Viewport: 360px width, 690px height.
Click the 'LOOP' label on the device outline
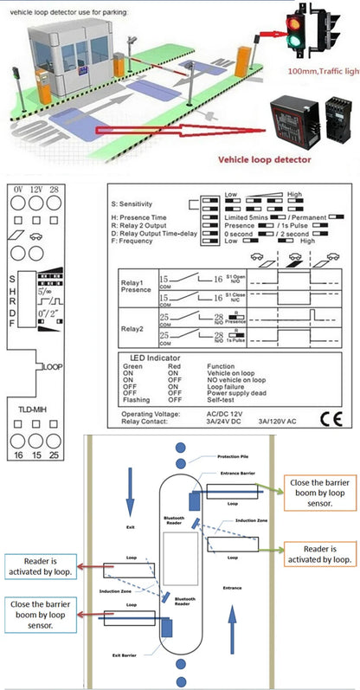coord(53,367)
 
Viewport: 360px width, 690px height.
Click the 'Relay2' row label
coord(132,328)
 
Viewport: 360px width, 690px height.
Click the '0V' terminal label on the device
coord(16,189)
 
